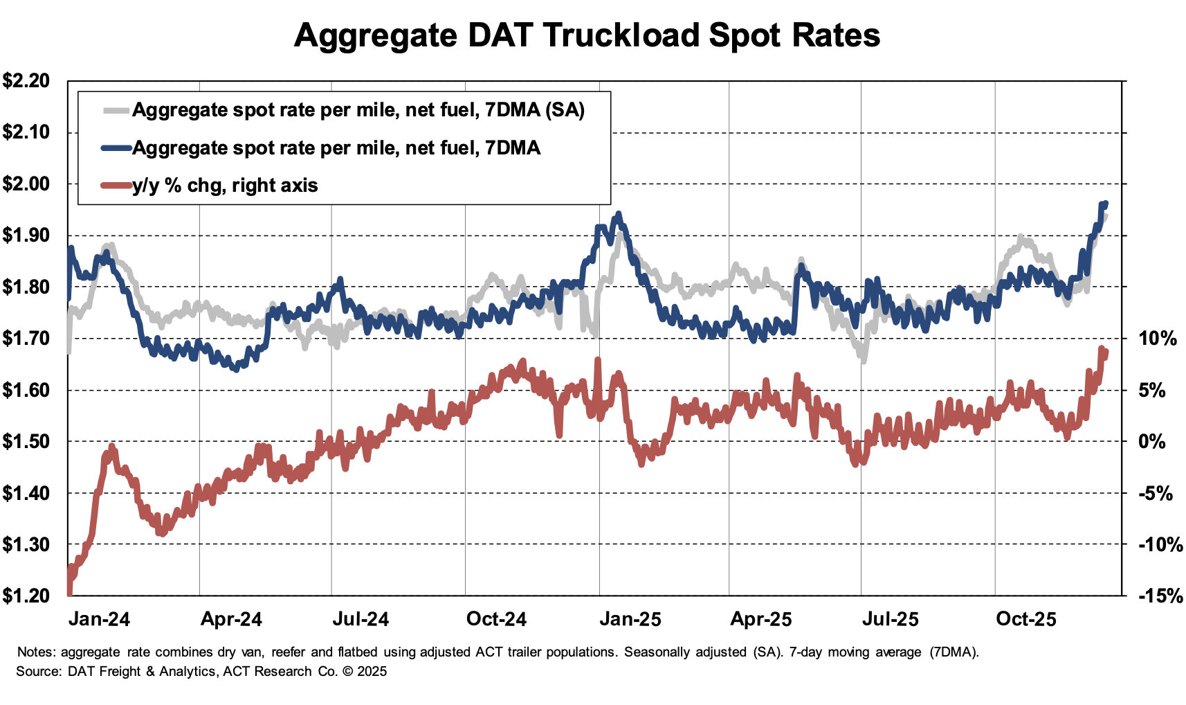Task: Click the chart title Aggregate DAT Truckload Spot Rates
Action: point(587,35)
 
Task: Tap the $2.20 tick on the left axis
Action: point(26,81)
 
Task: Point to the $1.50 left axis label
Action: point(26,442)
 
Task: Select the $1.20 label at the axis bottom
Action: point(26,596)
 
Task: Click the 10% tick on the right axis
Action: point(1157,339)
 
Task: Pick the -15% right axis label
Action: point(1160,596)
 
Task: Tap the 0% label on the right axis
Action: point(1152,442)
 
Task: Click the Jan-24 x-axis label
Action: point(99,619)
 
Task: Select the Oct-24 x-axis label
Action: point(496,619)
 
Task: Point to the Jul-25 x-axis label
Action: point(890,619)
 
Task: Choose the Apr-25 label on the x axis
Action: point(760,619)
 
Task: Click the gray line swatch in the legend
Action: point(116,110)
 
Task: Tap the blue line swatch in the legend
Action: point(116,148)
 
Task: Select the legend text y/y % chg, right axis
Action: point(225,186)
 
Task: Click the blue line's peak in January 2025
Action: point(618,214)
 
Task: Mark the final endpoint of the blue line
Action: point(1106,204)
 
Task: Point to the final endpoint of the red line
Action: point(1106,352)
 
